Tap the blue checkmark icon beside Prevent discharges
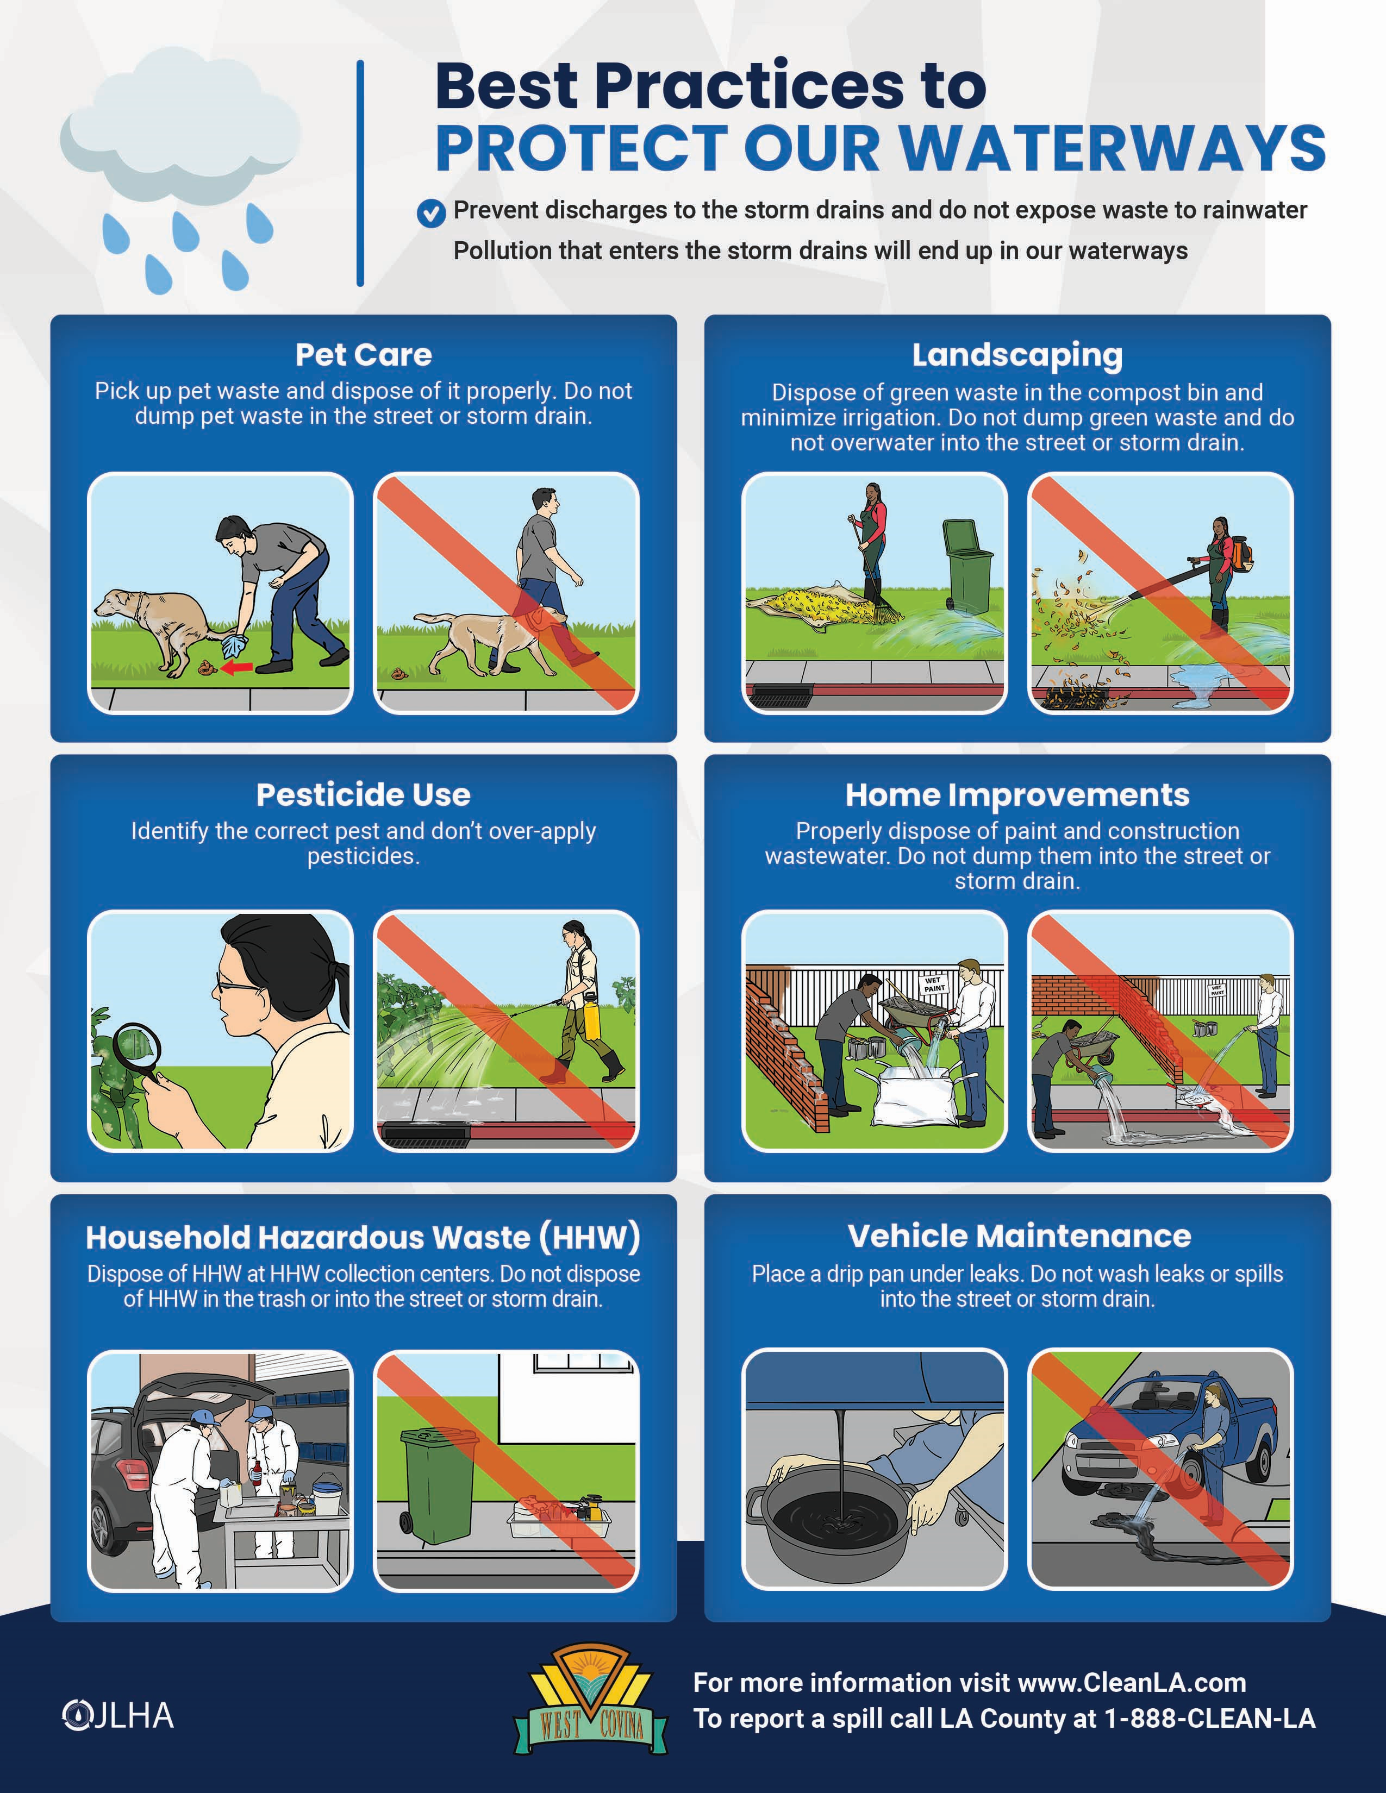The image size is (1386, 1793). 431,212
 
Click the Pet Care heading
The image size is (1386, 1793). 363,355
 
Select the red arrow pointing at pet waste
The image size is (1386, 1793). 238,667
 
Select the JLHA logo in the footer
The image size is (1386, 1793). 118,1716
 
